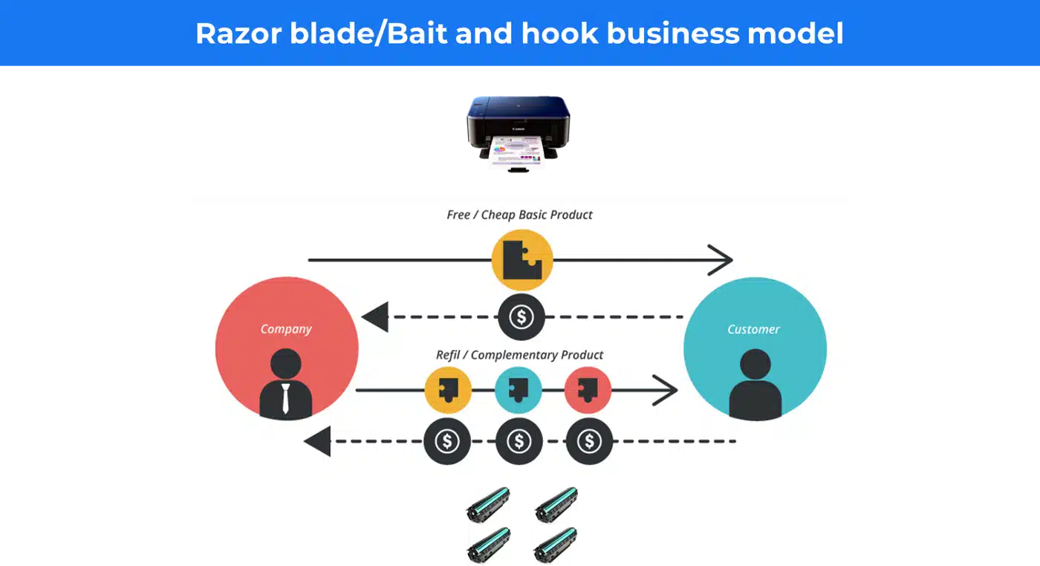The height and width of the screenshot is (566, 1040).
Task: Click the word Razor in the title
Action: click(x=238, y=33)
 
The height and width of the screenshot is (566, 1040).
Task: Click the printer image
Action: click(x=519, y=134)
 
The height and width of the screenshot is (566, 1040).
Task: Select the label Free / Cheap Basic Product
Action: click(x=519, y=215)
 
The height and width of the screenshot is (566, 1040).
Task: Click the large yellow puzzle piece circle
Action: click(x=522, y=260)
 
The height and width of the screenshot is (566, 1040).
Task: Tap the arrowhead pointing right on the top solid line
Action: click(x=721, y=260)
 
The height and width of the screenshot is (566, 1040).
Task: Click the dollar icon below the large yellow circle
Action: click(x=521, y=317)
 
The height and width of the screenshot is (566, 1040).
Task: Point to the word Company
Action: click(x=286, y=329)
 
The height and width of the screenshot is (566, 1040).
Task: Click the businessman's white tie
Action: click(x=285, y=398)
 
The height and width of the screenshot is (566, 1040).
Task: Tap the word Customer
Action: click(x=753, y=329)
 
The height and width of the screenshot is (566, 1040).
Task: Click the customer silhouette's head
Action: click(x=755, y=364)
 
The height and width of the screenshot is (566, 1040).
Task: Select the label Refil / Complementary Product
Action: click(x=519, y=355)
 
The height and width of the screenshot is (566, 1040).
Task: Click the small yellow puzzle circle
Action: click(x=448, y=390)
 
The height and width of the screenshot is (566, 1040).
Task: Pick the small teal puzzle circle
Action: click(x=519, y=390)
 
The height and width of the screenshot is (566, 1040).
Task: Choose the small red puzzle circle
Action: click(x=588, y=390)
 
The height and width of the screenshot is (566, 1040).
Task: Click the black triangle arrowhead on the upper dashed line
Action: click(x=375, y=317)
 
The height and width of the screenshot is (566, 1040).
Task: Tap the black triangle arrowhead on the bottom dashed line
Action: click(x=318, y=441)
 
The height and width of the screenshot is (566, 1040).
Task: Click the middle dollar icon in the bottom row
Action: click(x=519, y=441)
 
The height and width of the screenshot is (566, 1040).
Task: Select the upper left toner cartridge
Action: click(x=489, y=504)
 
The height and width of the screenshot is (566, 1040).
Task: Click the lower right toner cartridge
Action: click(x=556, y=545)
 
